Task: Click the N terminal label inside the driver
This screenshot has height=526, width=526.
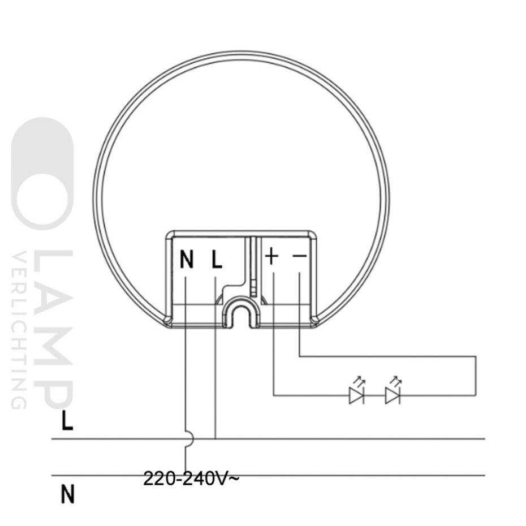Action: [187, 260]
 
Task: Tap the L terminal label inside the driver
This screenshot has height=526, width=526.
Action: [217, 260]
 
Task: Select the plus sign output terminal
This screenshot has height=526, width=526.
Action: [272, 257]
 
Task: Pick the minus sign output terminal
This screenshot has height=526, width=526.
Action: [299, 257]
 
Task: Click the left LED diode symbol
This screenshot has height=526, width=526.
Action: [356, 395]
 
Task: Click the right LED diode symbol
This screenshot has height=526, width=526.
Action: [393, 395]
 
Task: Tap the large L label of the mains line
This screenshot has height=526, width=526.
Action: [67, 421]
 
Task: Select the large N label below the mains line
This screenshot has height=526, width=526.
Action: [68, 495]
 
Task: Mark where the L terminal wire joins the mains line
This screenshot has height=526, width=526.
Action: [215, 438]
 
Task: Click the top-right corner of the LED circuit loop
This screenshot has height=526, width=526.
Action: [476, 357]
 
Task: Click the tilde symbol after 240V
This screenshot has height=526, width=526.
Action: [234, 478]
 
